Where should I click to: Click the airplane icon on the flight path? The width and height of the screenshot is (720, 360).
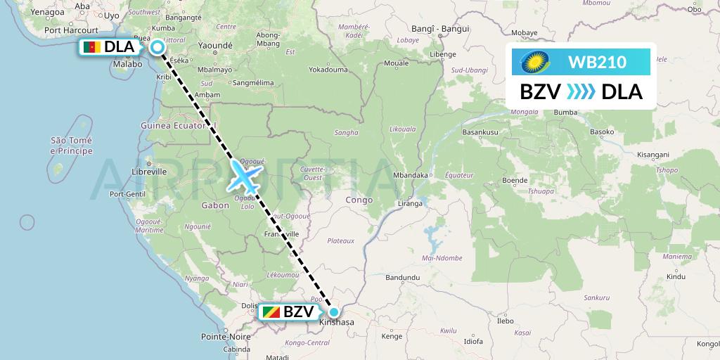[244, 175]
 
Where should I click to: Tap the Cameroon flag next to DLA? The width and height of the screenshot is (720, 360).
[91, 47]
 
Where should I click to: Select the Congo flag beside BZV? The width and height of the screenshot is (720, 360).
[270, 311]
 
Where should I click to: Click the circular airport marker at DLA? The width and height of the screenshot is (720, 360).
[157, 47]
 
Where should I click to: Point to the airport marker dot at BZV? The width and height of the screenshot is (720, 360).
[334, 311]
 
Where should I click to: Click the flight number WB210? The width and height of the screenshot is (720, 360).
[597, 63]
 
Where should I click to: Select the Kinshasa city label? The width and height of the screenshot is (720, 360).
[337, 323]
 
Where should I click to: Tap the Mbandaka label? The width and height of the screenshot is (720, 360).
[411, 175]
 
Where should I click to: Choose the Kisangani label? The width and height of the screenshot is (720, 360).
[653, 154]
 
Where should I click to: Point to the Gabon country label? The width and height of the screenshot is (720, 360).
[215, 205]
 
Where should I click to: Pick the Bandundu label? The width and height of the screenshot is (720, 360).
[402, 278]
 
